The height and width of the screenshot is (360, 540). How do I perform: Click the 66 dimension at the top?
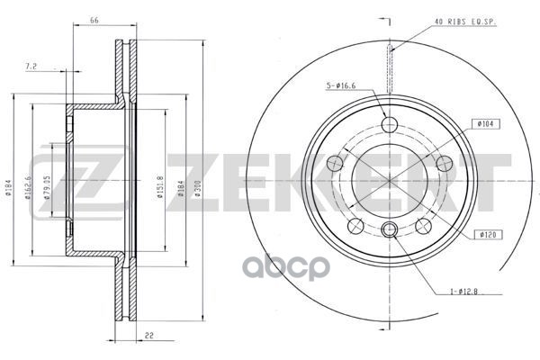pyautogui.click(x=94, y=19)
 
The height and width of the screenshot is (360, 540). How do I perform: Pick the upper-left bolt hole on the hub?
pyautogui.click(x=335, y=163)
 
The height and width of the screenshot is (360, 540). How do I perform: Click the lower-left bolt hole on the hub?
pyautogui.click(x=355, y=224)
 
